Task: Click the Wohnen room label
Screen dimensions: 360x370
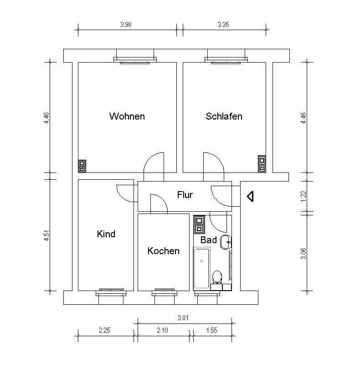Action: (127, 116)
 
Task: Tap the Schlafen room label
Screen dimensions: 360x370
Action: (224, 116)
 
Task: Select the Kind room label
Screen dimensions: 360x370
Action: (106, 234)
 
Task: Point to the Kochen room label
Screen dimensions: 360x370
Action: (164, 251)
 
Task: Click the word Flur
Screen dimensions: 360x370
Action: (185, 195)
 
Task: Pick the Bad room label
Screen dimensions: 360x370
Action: (208, 240)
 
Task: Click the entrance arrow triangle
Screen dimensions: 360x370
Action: (250, 196)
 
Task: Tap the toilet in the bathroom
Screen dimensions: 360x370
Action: (217, 277)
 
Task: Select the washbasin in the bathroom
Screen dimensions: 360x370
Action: (226, 242)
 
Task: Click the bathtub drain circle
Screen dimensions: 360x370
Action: (201, 261)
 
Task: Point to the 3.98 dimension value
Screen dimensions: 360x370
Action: (126, 25)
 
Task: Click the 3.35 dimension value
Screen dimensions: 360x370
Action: (223, 25)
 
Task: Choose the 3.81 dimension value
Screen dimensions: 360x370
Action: (183, 318)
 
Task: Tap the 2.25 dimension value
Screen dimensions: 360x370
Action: (104, 330)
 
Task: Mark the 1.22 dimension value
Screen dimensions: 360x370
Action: (303, 196)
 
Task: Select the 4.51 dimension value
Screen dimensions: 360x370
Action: (46, 235)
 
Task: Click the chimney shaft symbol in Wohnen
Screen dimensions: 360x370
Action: (82, 166)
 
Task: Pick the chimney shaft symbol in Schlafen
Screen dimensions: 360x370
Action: (262, 164)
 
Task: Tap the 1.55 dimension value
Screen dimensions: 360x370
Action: (212, 330)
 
